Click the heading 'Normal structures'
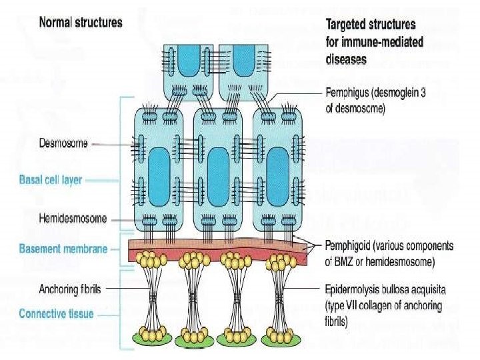click(x=81, y=22)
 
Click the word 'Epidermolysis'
click(x=353, y=289)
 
